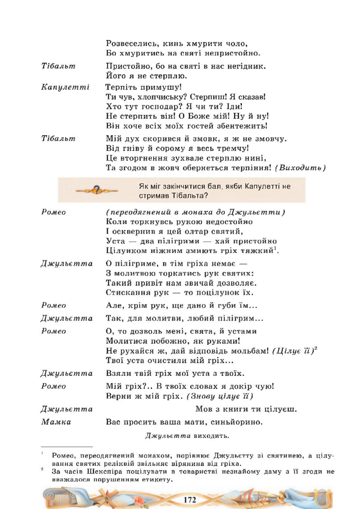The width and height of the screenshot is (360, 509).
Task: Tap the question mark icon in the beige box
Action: coord(96,190)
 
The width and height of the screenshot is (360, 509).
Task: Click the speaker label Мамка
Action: coord(56,422)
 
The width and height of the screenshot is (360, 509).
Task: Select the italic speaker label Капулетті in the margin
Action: coord(65,88)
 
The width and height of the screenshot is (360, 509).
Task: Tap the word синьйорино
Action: coord(237,422)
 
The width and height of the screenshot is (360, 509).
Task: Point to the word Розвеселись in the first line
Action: coord(132,43)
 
